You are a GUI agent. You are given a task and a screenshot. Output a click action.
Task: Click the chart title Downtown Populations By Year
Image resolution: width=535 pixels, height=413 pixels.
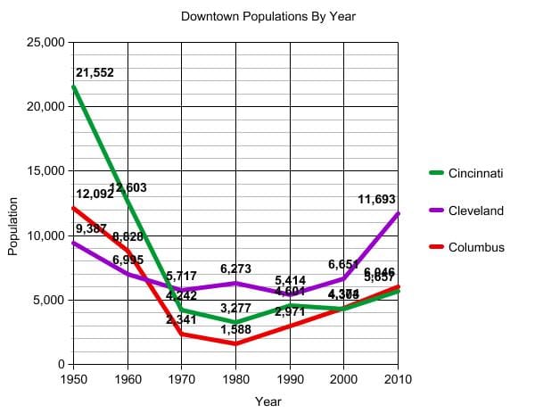[x=267, y=16]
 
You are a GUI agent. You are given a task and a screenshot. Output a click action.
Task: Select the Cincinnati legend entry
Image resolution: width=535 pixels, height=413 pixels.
[x=475, y=172]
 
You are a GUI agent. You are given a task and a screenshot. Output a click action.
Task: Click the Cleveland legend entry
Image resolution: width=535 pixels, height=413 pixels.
[x=475, y=211]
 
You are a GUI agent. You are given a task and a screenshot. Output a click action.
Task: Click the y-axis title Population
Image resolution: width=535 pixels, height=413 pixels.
[x=13, y=226]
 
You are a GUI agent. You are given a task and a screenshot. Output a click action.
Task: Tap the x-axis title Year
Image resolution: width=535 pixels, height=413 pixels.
[x=267, y=401]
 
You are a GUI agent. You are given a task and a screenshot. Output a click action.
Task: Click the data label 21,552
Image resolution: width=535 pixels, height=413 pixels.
[x=95, y=72]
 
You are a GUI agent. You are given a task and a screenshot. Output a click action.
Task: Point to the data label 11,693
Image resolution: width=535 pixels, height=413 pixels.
[x=377, y=199]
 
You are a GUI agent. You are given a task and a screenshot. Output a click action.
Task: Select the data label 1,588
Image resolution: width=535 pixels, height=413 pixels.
[x=235, y=329]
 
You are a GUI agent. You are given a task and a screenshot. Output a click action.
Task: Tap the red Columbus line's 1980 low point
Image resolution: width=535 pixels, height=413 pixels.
[x=235, y=343]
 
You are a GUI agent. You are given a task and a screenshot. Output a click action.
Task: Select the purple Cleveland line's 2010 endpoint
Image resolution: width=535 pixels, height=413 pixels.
[x=398, y=214]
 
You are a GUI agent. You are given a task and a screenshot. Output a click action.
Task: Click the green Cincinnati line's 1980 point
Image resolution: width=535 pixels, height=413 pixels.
[x=235, y=322]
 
